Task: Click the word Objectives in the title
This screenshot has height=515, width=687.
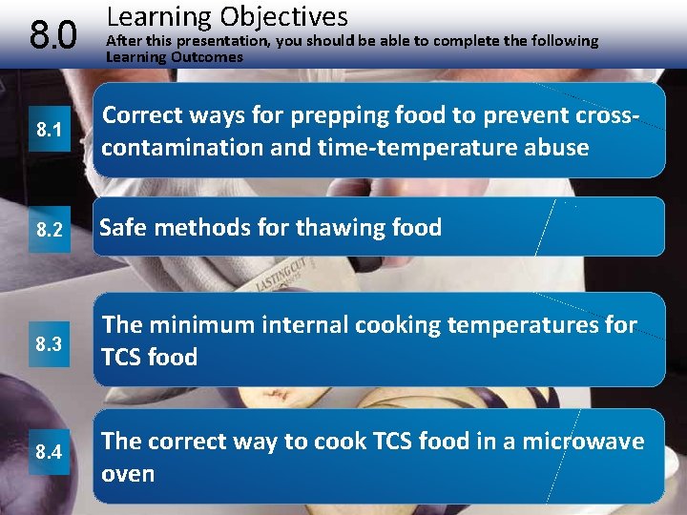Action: point(284,16)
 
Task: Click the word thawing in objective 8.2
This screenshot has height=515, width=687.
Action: point(342,228)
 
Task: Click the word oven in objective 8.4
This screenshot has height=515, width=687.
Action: point(129,474)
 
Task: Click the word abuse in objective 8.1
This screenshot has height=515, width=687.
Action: point(555,148)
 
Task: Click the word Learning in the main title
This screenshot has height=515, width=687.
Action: point(159,16)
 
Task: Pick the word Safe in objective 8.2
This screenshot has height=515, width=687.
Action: point(126,228)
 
